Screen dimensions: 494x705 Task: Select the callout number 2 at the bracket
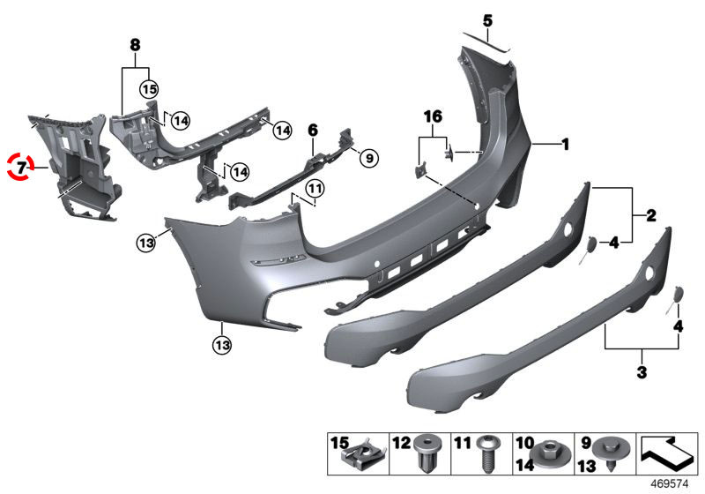tap(675, 214)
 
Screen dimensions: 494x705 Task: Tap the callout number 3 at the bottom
tap(642, 372)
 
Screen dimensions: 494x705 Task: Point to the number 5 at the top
tap(486, 19)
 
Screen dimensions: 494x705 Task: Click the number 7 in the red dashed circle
tap(21, 165)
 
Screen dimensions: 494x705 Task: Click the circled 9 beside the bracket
tap(368, 159)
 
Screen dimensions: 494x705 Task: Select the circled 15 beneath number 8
tap(148, 88)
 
